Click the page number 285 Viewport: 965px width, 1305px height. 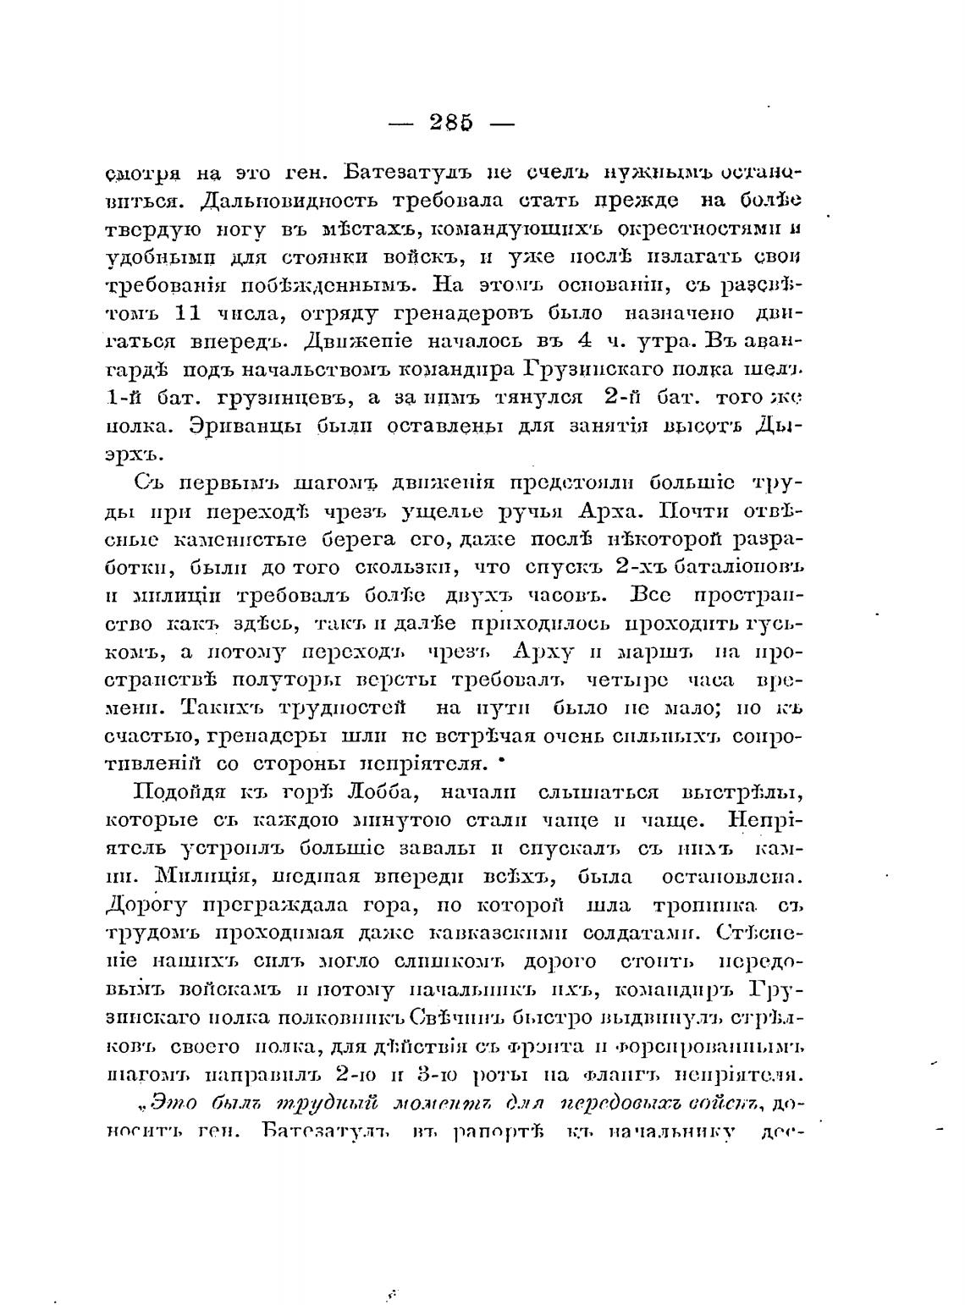pos(450,122)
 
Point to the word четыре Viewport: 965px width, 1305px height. pos(628,680)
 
